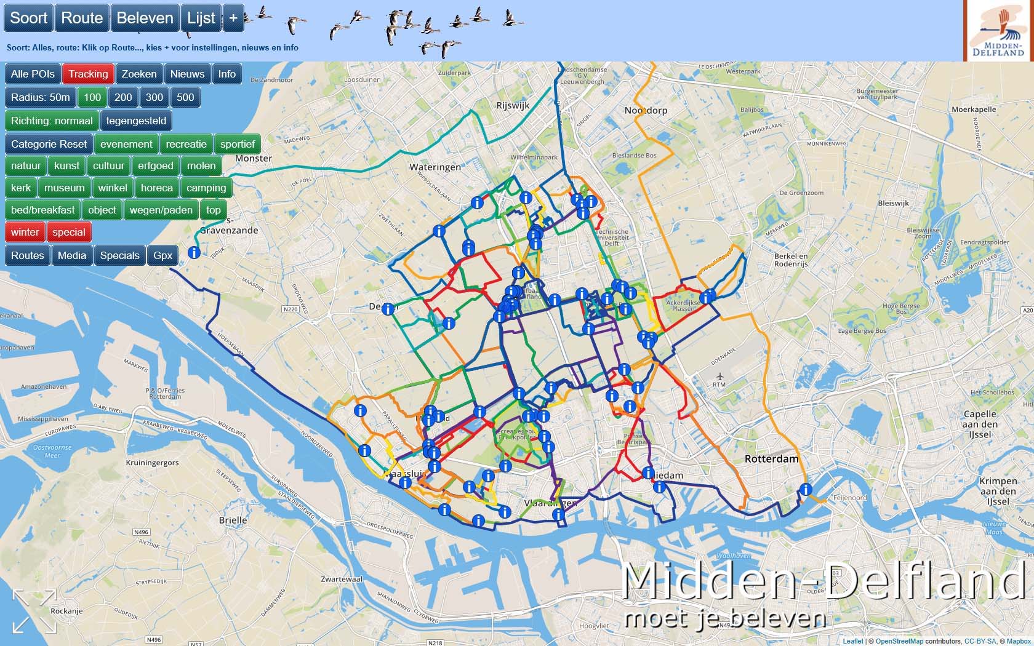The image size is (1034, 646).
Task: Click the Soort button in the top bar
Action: pyautogui.click(x=29, y=18)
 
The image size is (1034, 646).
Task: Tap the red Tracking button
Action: pyautogui.click(x=88, y=74)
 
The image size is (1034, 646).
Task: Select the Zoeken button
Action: pyautogui.click(x=139, y=74)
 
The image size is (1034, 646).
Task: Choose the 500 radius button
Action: pyautogui.click(x=185, y=97)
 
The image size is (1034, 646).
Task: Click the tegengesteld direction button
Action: pyautogui.click(x=136, y=121)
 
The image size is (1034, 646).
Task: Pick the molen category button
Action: pyautogui.click(x=201, y=165)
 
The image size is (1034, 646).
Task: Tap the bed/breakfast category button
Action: pyautogui.click(x=42, y=210)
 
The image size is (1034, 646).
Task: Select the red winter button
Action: pyautogui.click(x=25, y=232)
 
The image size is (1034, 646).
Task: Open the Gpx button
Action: pyautogui.click(x=163, y=255)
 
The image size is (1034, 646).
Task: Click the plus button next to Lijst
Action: pyautogui.click(x=233, y=18)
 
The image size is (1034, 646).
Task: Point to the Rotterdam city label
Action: pyautogui.click(x=771, y=459)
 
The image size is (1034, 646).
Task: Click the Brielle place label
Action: pyautogui.click(x=233, y=520)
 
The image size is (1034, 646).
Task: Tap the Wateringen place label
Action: pyautogui.click(x=435, y=167)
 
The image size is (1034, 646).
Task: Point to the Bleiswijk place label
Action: pyautogui.click(x=894, y=203)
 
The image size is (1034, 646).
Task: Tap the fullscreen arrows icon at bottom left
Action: pyautogui.click(x=34, y=610)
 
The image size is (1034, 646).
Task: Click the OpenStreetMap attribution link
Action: pyautogui.click(x=899, y=641)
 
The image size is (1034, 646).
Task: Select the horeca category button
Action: pyautogui.click(x=156, y=188)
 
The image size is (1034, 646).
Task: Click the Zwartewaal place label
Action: pyautogui.click(x=342, y=579)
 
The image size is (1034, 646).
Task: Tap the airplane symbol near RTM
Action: pyautogui.click(x=719, y=376)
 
